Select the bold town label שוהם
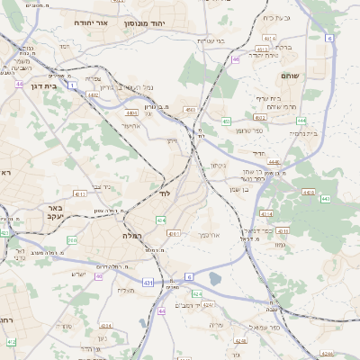289,76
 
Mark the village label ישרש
78,274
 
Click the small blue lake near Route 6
214,279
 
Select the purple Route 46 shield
235,59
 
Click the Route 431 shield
146,283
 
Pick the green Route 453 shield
189,110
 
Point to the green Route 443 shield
325,198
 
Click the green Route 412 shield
80,193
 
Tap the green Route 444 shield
301,120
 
